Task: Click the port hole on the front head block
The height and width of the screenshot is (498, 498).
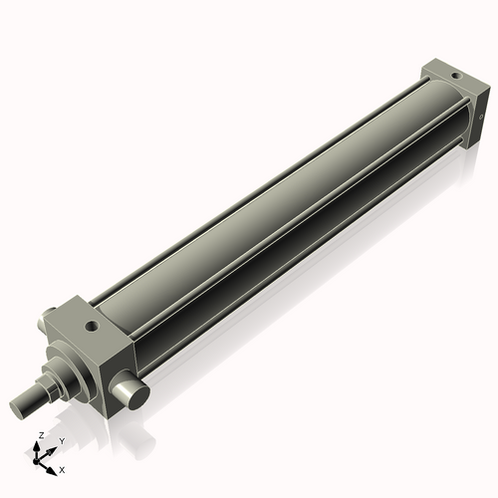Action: (93, 325)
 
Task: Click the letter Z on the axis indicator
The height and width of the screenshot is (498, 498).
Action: (41, 435)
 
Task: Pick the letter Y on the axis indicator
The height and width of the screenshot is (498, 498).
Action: (61, 441)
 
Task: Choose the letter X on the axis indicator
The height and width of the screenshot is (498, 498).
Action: (63, 468)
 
